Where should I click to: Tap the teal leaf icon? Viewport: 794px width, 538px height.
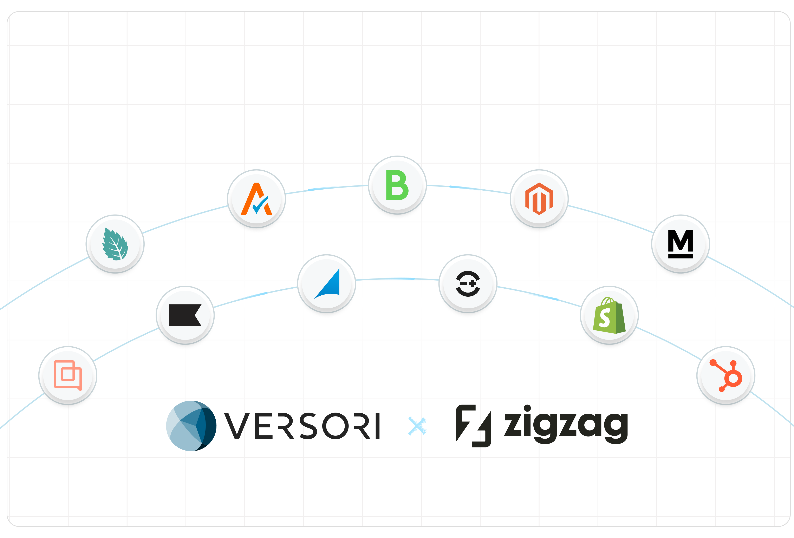[115, 244]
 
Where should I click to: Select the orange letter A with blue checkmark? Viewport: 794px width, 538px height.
[256, 199]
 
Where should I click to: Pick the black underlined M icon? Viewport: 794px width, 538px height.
[680, 243]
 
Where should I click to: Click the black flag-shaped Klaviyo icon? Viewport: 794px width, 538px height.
[185, 315]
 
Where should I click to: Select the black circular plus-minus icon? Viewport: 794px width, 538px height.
[468, 283]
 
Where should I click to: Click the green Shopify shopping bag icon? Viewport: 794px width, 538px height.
[609, 315]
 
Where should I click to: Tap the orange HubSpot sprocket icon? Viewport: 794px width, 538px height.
[726, 375]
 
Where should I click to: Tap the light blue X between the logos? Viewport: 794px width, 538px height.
[417, 426]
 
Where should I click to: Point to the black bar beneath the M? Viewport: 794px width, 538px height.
[680, 256]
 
